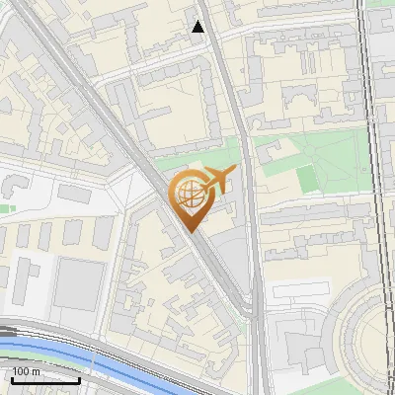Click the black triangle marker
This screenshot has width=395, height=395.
pyautogui.click(x=198, y=27)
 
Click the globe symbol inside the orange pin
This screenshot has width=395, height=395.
pyautogui.click(x=191, y=196)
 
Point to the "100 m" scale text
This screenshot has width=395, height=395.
pyautogui.click(x=26, y=371)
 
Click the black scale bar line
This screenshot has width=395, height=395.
pyautogui.click(x=45, y=379)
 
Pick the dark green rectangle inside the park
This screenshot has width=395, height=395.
pyautogui.click(x=307, y=179)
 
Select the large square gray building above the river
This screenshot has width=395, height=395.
pyautogui.click(x=78, y=283)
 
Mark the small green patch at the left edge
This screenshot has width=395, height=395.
pyautogui.click(x=5, y=208)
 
